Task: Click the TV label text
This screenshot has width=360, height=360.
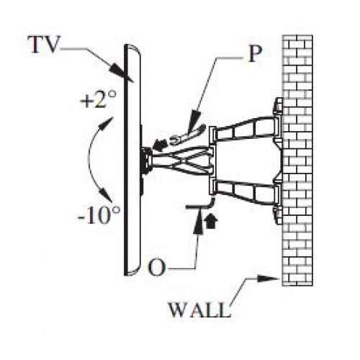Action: tap(44, 45)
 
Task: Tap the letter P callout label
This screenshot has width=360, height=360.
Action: tap(256, 53)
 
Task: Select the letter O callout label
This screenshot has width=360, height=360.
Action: tap(157, 268)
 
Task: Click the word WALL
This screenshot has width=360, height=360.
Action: tap(199, 310)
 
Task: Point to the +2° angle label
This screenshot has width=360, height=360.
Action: tap(99, 99)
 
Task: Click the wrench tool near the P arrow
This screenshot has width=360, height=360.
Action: tap(186, 135)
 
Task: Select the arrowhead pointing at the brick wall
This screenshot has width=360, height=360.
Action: tap(269, 279)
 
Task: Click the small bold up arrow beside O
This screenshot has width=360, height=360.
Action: tap(212, 221)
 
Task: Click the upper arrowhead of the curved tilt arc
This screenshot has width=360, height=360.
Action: tap(107, 123)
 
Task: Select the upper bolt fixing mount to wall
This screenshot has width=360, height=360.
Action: tap(278, 105)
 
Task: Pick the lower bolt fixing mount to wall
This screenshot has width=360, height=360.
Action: tap(278, 215)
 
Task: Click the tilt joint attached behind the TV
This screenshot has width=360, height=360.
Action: tap(146, 160)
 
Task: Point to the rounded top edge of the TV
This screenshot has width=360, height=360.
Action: tap(132, 49)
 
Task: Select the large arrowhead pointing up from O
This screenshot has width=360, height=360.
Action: tap(198, 221)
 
